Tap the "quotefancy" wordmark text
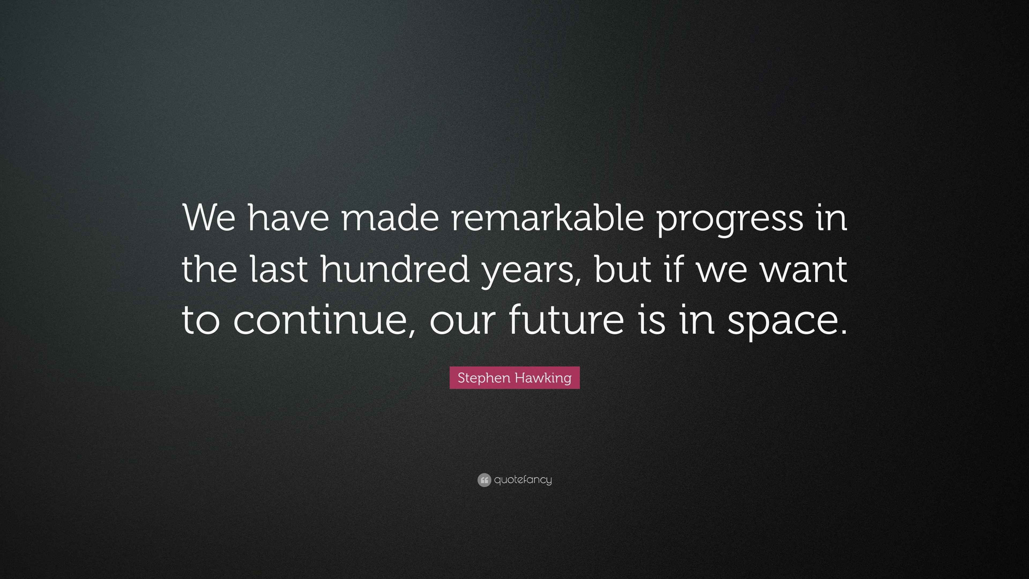pyautogui.click(x=523, y=480)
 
